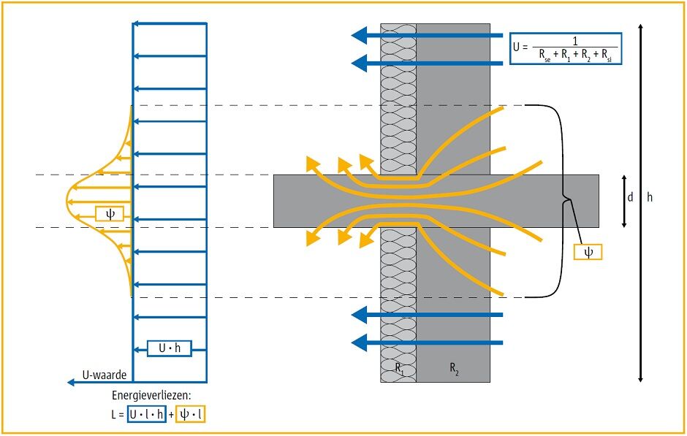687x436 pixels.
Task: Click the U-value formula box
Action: click(566, 50)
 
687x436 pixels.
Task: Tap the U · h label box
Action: click(169, 348)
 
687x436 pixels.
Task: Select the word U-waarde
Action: click(105, 375)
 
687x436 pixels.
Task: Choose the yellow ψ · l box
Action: click(196, 414)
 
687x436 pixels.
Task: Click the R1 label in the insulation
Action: click(399, 370)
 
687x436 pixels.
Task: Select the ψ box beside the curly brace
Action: click(588, 251)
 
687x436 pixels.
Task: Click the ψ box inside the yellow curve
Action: click(110, 214)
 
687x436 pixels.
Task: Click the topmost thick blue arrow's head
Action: click(357, 34)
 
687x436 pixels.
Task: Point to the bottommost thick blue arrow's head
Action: click(357, 342)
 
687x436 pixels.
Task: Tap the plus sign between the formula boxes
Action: click(171, 414)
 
